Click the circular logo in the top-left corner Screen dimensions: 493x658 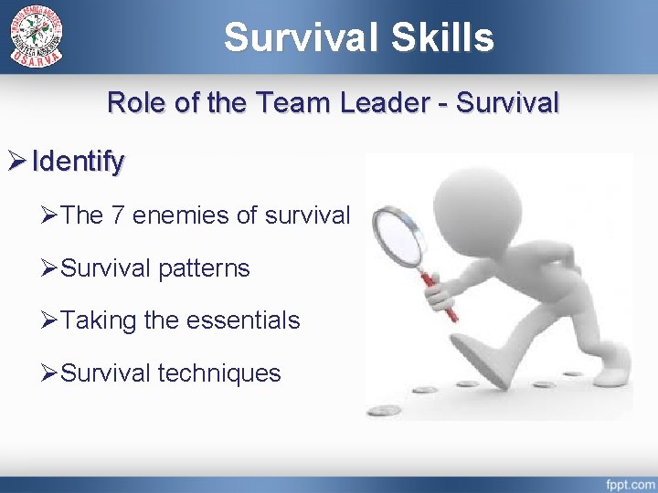[37, 36]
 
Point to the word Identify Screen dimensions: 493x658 [78, 163]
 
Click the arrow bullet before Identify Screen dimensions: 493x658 [17, 163]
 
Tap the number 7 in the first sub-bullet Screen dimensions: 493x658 [117, 215]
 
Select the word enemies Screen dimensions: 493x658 [179, 215]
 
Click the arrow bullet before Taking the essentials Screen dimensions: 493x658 [50, 320]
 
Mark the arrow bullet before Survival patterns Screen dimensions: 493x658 [50, 268]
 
